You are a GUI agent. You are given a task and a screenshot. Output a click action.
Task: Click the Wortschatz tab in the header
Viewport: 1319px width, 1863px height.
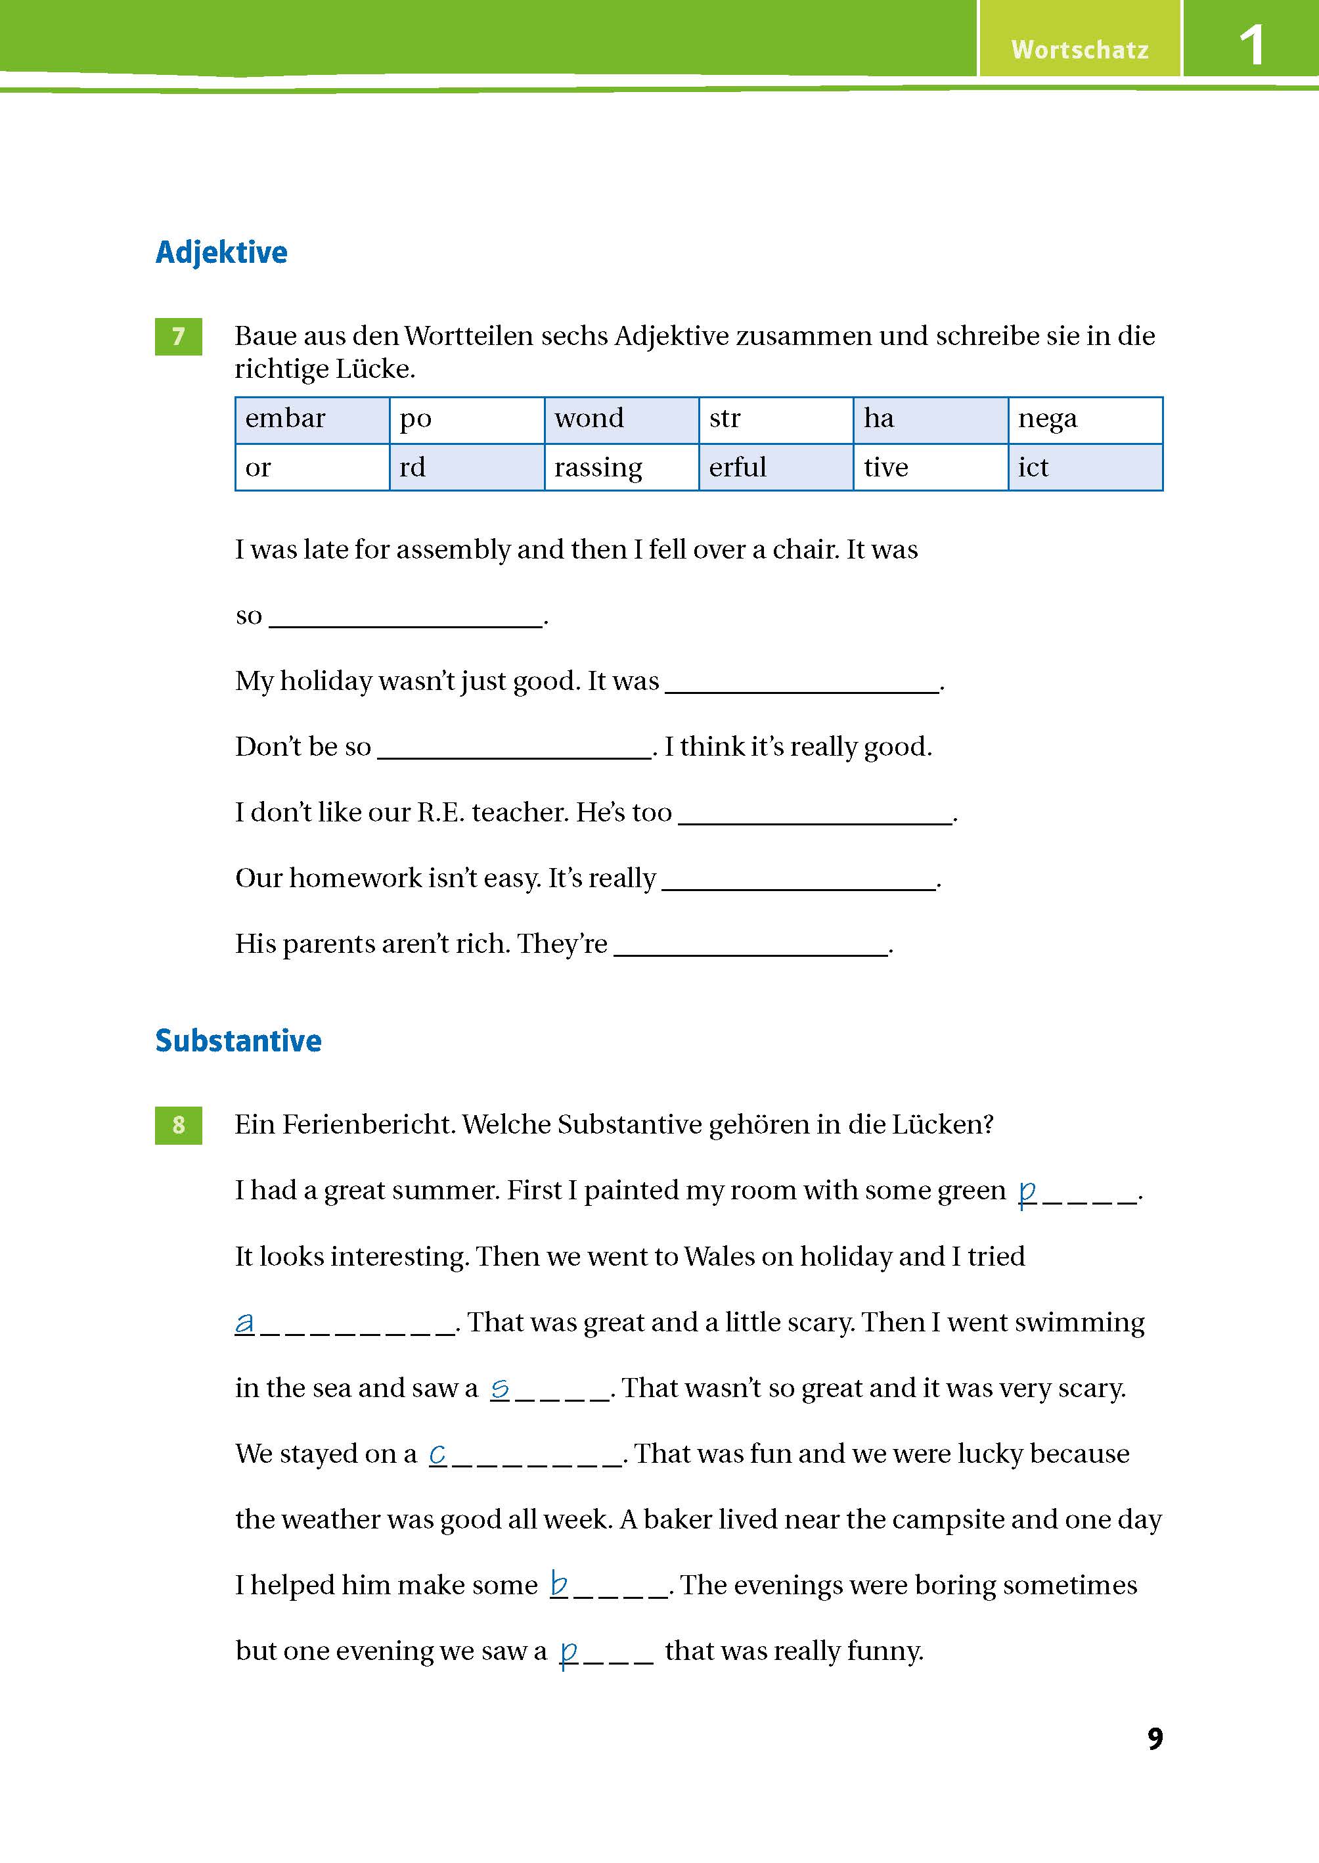click(x=1079, y=49)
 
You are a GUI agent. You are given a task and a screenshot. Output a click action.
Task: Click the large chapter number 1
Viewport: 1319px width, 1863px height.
click(x=1251, y=45)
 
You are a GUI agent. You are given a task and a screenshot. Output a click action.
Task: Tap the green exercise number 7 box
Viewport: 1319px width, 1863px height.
click(x=178, y=336)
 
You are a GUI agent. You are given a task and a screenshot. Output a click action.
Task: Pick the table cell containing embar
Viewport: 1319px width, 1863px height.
click(x=312, y=420)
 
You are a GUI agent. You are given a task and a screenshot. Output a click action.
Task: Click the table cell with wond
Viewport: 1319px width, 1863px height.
click(x=621, y=420)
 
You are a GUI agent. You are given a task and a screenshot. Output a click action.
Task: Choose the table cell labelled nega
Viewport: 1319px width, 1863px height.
click(x=1084, y=420)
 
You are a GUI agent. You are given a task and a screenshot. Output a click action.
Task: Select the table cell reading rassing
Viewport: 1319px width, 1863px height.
click(x=621, y=467)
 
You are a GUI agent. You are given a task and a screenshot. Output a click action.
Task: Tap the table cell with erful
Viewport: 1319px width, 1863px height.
click(x=775, y=467)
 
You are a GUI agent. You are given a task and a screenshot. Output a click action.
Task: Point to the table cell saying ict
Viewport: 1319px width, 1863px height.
click(x=1084, y=467)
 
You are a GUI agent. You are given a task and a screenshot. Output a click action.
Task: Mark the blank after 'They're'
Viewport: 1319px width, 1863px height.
click(x=750, y=945)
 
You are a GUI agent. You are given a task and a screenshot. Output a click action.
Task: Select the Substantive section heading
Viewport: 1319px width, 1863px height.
click(x=238, y=1041)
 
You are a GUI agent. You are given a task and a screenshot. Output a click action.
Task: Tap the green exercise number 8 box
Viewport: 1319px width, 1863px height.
click(x=178, y=1125)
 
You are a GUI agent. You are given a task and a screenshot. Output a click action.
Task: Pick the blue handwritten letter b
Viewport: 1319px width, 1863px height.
click(x=559, y=1584)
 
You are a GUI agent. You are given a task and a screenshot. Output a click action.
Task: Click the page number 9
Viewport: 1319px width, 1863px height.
click(x=1154, y=1739)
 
